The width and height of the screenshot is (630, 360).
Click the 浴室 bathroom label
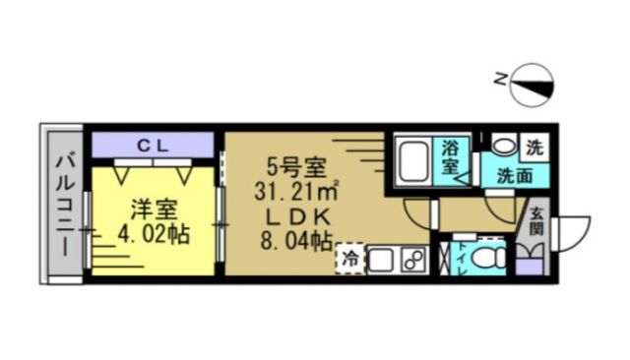(452, 157)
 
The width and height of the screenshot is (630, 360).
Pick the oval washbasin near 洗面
(503, 146)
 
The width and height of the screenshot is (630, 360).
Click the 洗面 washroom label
(512, 177)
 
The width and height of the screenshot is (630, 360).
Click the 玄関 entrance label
(535, 221)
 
